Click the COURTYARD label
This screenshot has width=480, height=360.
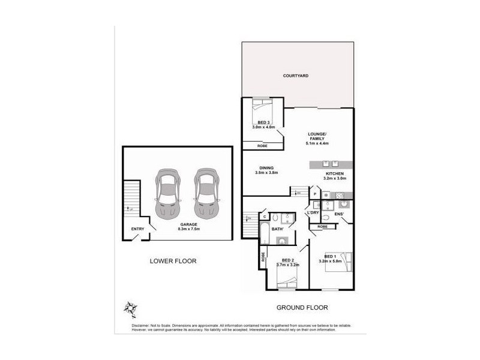296,76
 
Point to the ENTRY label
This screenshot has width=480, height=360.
137,229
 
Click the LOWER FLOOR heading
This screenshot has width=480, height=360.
173,261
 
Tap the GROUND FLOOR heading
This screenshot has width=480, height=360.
302,308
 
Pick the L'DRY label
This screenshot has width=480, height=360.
313,213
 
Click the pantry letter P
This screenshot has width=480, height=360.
315,194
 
